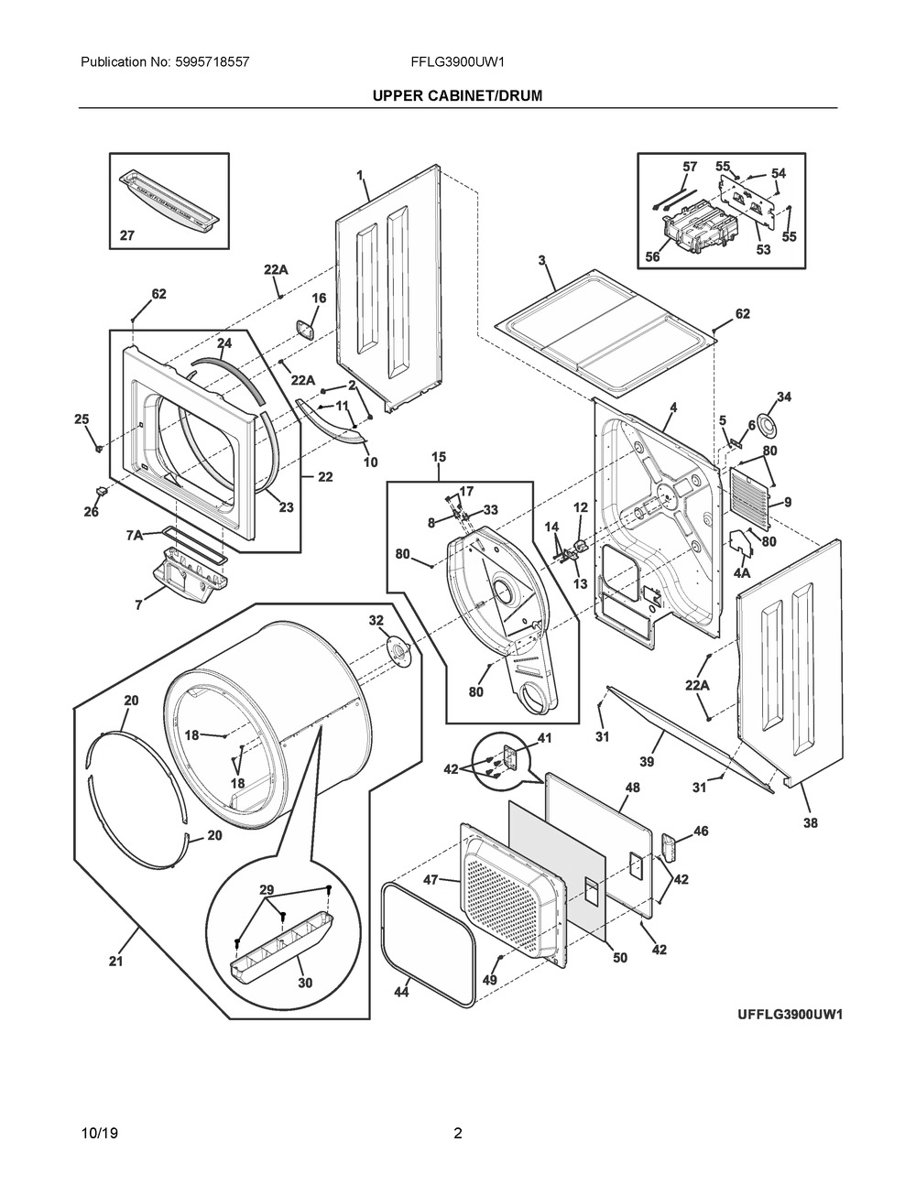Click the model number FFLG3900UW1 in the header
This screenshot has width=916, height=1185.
coord(458,63)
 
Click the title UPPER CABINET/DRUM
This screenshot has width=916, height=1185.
coord(457,95)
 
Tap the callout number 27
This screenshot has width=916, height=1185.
coord(126,235)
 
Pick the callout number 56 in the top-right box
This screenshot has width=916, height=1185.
coord(651,257)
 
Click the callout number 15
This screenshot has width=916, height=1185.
coord(439,456)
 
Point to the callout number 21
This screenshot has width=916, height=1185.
coord(115,961)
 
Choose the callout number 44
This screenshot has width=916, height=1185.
coord(400,992)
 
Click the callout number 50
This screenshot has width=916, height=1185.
coord(620,957)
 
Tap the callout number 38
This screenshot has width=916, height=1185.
coord(811,823)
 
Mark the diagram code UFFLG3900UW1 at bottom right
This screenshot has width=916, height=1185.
coord(790,1015)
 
